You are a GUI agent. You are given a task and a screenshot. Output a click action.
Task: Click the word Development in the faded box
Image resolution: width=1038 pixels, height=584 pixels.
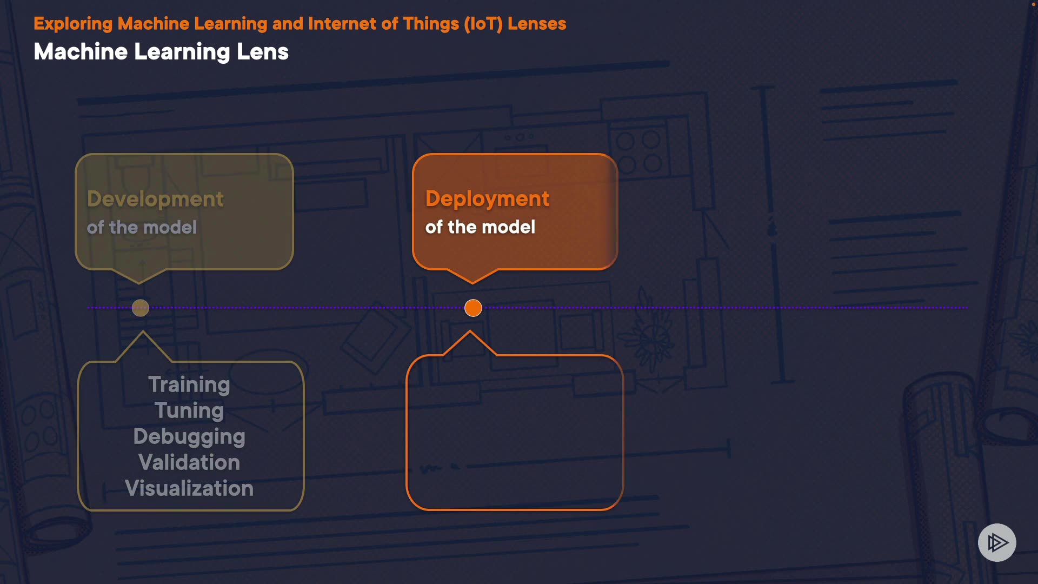pos(155,199)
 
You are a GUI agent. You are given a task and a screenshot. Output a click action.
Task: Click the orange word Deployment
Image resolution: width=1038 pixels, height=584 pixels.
pos(487,199)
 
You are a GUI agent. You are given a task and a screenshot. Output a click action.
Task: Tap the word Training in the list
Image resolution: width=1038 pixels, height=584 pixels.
pos(189,384)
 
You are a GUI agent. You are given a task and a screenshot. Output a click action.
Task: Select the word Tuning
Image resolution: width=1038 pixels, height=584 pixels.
pos(189,410)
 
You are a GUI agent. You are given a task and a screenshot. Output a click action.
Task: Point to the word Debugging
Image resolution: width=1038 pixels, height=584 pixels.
pos(189,436)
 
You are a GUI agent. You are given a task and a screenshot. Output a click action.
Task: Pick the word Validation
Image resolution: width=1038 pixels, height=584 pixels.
pos(189,462)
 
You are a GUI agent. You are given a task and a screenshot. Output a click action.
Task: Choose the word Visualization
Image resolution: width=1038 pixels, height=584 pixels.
pos(189,488)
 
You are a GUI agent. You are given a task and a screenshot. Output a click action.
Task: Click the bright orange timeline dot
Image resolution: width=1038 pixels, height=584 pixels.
pos(473,308)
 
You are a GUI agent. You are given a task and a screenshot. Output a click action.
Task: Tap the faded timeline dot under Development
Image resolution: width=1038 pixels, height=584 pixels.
pos(141,308)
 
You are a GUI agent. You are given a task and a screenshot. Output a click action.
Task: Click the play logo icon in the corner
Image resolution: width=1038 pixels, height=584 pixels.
pos(997,542)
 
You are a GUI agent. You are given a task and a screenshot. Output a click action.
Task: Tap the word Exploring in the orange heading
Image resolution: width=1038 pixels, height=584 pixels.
pos(73,24)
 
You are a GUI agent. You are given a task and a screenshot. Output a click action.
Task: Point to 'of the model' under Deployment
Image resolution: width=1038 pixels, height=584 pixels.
pos(480,227)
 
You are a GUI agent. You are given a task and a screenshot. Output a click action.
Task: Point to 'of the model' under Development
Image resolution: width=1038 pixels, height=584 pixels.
pos(142,227)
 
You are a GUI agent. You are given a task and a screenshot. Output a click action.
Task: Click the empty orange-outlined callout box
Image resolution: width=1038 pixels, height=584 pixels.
pos(515,433)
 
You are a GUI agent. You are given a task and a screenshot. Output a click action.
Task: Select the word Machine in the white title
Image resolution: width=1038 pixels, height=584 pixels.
pos(81,52)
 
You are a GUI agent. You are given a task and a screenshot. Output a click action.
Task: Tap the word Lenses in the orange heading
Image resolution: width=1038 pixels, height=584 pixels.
pos(537,24)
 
